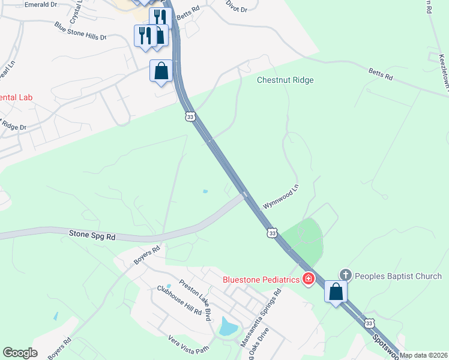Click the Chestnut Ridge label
285,80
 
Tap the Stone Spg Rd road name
92,236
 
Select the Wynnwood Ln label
280,197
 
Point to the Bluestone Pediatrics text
261,279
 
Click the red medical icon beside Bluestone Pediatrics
309,279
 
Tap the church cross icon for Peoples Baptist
345,275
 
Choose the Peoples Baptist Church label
398,276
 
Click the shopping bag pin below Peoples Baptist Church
336,292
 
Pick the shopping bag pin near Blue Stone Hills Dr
161,71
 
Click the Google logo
20,353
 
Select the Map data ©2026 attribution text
424,355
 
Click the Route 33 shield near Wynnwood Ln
273,233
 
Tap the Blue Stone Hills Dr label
80,31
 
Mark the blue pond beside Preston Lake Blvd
228,326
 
